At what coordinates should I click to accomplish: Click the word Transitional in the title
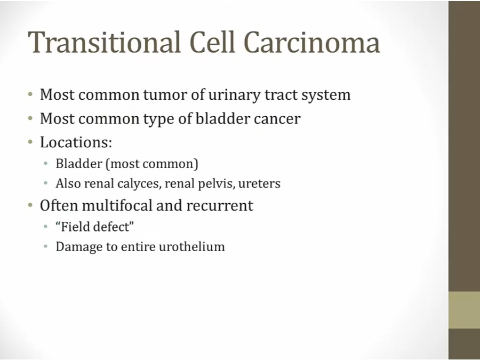[x=105, y=42]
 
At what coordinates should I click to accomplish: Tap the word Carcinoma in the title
[x=312, y=42]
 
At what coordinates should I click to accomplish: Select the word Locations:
[x=76, y=142]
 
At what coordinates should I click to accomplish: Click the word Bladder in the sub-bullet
[x=79, y=164]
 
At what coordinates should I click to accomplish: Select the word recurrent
[x=220, y=206]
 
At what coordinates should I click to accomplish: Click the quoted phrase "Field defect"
[x=95, y=227]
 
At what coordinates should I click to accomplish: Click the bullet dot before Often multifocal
[x=30, y=205]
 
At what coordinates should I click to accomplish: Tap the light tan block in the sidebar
[x=464, y=310]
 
